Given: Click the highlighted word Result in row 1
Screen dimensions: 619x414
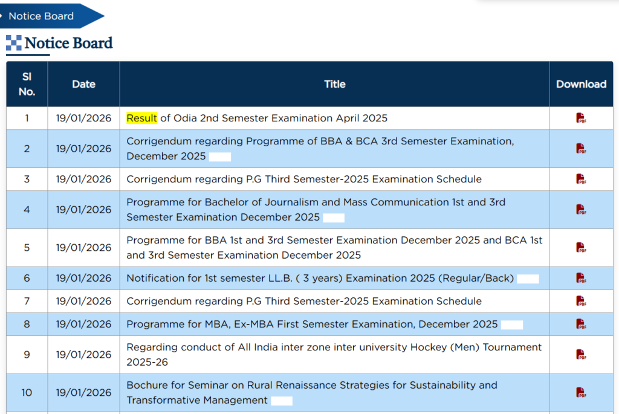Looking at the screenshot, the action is coord(141,118).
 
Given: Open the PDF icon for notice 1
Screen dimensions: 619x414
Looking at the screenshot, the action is coord(581,118).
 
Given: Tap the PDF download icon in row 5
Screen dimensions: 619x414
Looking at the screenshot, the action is coord(581,247).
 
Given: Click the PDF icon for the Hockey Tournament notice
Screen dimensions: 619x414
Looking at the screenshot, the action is coord(581,354).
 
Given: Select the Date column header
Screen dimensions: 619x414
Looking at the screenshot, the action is coord(83,84).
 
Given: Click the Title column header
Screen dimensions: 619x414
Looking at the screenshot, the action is coord(335,84).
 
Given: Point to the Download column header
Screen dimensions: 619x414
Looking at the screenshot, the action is coord(581,84).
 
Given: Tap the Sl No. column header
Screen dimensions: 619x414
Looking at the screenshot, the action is coord(27,84).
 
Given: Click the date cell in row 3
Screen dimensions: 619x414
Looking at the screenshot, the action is coord(83,179).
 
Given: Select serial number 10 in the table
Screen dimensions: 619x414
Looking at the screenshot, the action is coord(27,393).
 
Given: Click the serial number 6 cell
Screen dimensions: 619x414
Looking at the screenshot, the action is coord(27,278).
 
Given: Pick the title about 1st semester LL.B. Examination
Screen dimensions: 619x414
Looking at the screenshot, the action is coord(320,278).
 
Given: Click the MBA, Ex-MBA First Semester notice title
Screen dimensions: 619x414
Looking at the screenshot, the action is coord(312,324).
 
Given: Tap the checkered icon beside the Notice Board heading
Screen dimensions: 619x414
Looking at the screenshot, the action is coord(14,43).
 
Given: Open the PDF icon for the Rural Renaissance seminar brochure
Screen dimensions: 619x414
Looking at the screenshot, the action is coord(581,393).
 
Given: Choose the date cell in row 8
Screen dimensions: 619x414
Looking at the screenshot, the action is coord(83,324).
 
